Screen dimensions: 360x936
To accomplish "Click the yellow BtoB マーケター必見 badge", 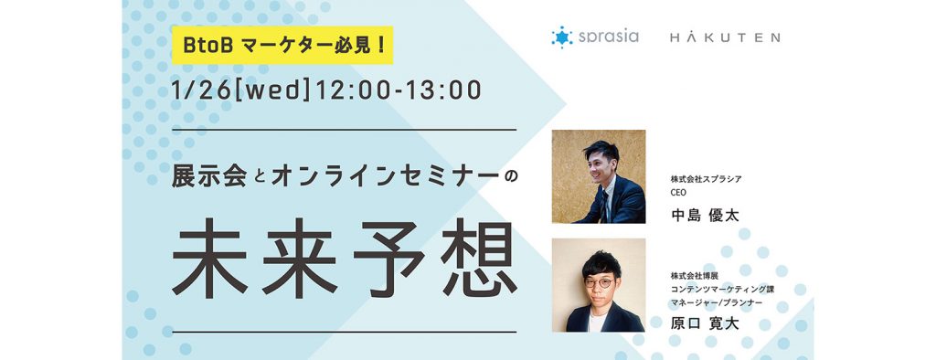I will pos(282,45).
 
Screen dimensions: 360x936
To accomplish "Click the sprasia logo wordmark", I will pos(608,37).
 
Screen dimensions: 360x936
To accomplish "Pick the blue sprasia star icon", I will pos(561,37).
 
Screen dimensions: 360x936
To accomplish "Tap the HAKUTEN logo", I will pos(724,37).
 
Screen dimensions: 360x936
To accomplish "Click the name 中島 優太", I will pos(704,216).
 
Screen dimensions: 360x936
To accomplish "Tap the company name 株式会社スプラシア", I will pos(706,179).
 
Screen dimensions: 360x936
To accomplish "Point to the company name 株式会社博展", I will pos(695,275).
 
